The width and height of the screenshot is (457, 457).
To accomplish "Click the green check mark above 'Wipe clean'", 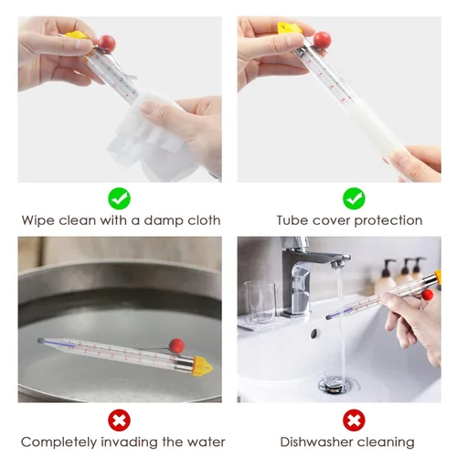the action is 120,198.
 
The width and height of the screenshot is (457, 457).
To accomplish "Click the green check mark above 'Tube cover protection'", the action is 354,198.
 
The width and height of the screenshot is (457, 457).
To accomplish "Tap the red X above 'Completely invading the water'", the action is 120,420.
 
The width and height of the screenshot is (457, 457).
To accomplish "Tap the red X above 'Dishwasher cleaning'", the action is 354,420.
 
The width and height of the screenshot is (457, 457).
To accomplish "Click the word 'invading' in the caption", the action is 130,442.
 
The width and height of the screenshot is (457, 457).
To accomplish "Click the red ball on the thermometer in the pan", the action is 176,345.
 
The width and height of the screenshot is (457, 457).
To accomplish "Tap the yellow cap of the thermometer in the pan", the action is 202,367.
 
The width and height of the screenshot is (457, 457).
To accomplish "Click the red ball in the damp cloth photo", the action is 107,43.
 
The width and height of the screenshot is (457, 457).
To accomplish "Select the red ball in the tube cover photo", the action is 323,39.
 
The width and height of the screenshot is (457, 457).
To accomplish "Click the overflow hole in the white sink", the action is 314,335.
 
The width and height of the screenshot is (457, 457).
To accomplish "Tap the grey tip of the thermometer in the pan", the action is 40,340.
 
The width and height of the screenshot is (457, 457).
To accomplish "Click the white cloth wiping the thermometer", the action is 153,134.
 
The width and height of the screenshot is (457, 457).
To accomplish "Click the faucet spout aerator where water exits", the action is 336,264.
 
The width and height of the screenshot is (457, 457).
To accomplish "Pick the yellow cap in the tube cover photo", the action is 289,28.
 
